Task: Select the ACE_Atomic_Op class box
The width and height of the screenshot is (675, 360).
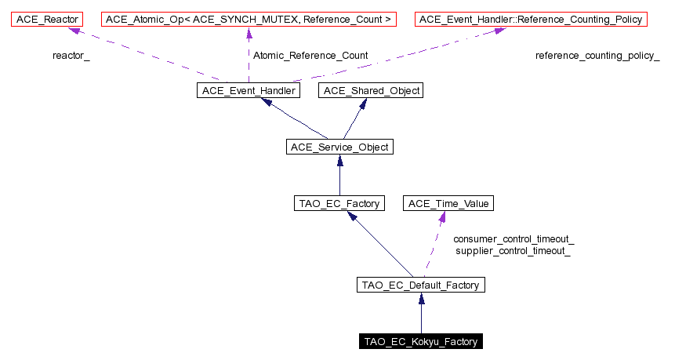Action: click(249, 19)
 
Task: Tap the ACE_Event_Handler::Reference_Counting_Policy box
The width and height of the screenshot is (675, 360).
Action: click(532, 19)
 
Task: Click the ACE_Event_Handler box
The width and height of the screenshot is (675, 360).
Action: click(249, 91)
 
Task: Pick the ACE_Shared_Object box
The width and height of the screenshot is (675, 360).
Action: click(371, 91)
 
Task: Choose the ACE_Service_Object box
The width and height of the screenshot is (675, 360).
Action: click(339, 147)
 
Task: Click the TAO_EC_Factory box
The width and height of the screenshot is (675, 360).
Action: click(339, 204)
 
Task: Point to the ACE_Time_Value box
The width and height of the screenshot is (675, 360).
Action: click(448, 204)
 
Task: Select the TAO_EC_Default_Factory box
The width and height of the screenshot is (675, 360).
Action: click(421, 285)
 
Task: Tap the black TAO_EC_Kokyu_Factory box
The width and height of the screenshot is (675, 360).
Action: click(421, 341)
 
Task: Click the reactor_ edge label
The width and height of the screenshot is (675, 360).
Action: click(71, 56)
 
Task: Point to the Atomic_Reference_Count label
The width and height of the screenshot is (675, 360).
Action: click(310, 56)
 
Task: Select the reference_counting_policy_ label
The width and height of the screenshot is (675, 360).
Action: click(597, 56)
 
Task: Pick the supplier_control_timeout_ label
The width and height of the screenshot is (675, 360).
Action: click(514, 251)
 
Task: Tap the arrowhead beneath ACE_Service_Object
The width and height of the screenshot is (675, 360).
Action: click(339, 162)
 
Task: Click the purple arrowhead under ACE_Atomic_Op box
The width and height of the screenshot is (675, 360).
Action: click(249, 32)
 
